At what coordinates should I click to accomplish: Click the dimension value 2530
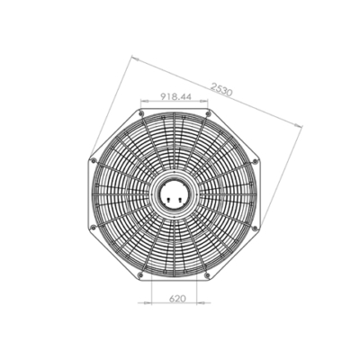pos(221,89)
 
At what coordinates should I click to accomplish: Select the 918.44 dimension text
pos(175,96)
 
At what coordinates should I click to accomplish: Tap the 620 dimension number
pos(177,299)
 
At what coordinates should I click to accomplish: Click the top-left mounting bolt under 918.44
pos(141,113)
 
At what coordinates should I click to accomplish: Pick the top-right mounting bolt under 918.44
pos(207,113)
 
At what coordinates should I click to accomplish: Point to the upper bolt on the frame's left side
pos(94,161)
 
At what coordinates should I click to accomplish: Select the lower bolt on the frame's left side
pos(94,227)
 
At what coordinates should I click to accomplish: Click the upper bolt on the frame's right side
pos(255,161)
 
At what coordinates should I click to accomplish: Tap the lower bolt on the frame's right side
pos(255,228)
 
